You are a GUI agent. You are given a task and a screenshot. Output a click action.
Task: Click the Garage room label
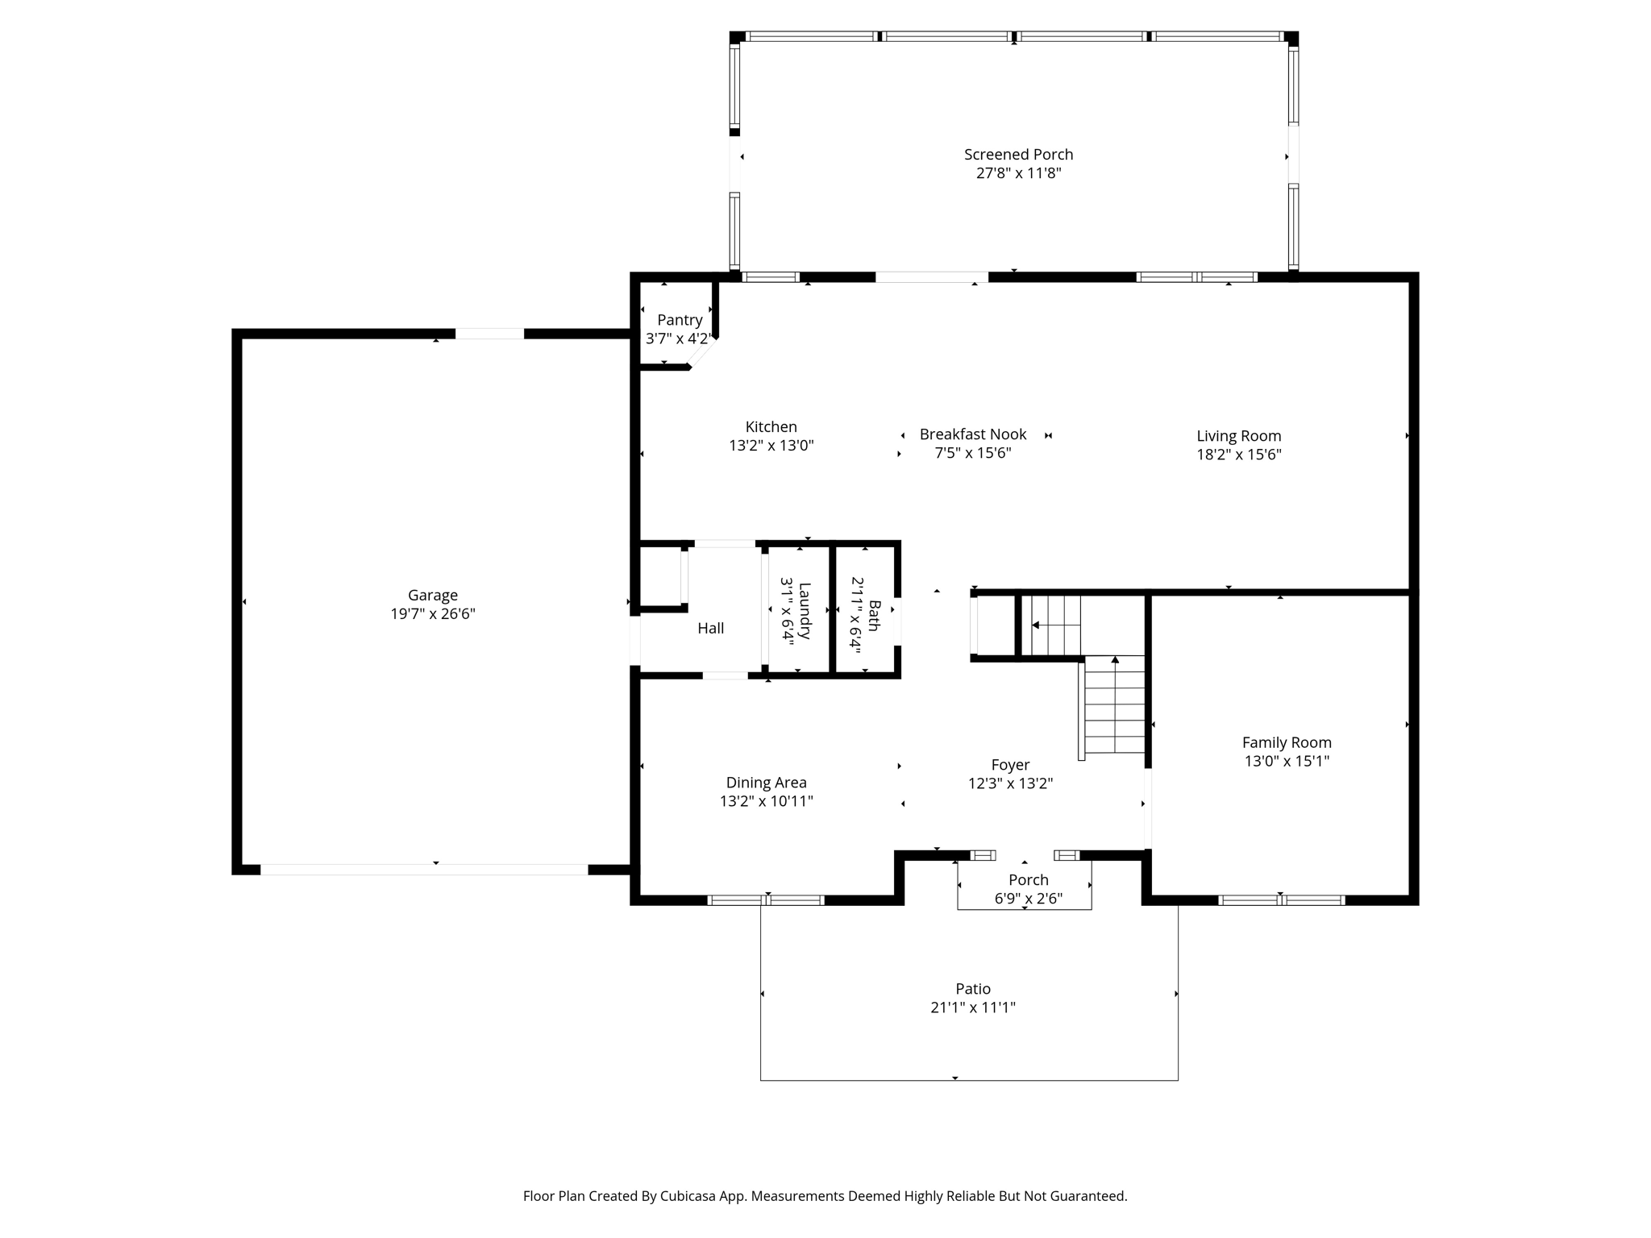pyautogui.click(x=433, y=596)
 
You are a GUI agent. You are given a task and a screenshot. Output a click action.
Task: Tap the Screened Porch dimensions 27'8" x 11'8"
pyautogui.click(x=1018, y=172)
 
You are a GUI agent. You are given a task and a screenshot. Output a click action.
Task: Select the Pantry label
pyautogui.click(x=680, y=320)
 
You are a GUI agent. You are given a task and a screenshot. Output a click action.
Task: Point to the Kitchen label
pyautogui.click(x=771, y=427)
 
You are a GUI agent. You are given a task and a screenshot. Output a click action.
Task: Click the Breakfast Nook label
pyautogui.click(x=973, y=434)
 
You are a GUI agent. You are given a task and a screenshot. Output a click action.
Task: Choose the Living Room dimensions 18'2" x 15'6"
pyautogui.click(x=1238, y=454)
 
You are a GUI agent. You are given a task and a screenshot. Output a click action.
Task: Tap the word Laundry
pyautogui.click(x=804, y=611)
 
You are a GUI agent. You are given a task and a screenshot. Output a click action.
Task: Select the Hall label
pyautogui.click(x=710, y=628)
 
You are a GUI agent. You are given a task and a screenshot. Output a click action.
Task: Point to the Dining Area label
pyautogui.click(x=766, y=783)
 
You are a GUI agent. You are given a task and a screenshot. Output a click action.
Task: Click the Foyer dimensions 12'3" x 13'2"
pyautogui.click(x=1010, y=783)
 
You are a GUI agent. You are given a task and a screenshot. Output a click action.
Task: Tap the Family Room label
pyautogui.click(x=1287, y=743)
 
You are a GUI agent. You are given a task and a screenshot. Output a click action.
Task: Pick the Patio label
pyautogui.click(x=973, y=989)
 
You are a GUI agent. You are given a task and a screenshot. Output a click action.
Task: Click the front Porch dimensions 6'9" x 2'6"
pyautogui.click(x=1029, y=898)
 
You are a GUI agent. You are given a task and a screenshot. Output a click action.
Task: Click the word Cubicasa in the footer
pyautogui.click(x=690, y=1196)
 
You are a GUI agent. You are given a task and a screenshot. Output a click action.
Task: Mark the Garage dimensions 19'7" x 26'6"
pyautogui.click(x=433, y=613)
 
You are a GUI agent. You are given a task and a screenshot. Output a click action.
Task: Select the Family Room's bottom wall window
pyautogui.click(x=1281, y=900)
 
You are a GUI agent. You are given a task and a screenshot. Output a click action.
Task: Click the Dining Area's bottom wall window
pyautogui.click(x=766, y=900)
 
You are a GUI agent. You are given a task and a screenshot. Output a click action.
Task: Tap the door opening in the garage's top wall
pyautogui.click(x=489, y=334)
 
